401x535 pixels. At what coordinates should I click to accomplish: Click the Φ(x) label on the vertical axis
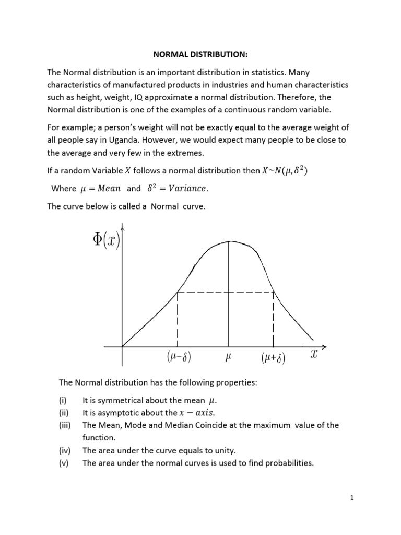click(106, 241)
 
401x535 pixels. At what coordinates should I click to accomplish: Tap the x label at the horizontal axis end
click(314, 355)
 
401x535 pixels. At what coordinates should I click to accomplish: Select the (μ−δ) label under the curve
click(179, 358)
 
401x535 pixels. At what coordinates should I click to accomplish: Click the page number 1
click(352, 498)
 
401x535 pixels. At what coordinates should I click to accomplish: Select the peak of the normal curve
click(228, 241)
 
